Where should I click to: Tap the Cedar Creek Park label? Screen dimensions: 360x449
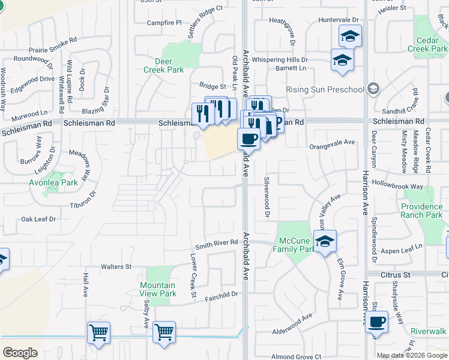point(427,44)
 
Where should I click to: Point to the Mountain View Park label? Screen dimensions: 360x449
point(158,289)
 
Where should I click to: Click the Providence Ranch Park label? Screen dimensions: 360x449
point(422,211)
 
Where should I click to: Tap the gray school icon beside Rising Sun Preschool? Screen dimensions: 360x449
point(373,89)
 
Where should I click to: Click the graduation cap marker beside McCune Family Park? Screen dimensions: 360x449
point(325,241)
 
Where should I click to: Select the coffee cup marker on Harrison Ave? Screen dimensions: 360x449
point(376,322)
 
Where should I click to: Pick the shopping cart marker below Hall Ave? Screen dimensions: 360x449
point(98,332)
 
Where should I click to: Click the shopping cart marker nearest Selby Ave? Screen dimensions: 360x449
point(164,332)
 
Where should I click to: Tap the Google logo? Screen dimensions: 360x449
point(20,353)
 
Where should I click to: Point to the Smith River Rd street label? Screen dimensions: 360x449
point(216,243)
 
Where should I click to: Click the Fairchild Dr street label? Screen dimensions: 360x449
point(221,295)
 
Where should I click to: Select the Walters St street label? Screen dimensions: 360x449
point(116,266)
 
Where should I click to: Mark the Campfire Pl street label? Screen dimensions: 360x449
point(164,23)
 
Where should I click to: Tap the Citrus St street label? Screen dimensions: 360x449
point(394,274)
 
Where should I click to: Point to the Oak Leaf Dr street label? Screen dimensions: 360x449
point(38,220)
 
